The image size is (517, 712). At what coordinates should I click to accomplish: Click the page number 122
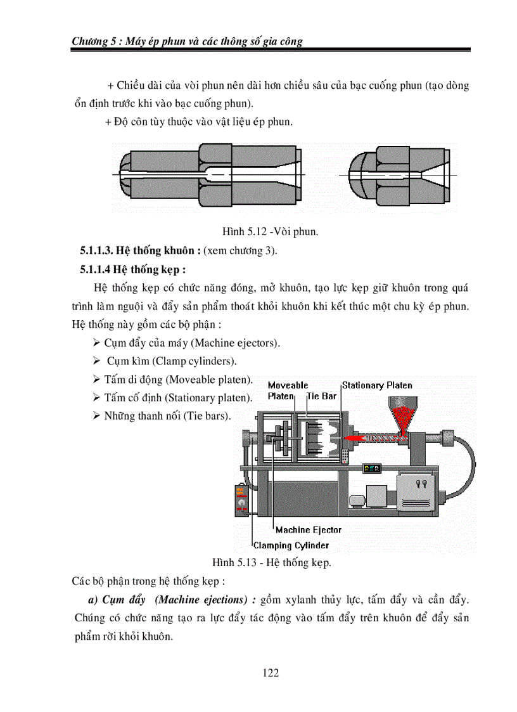point(271,673)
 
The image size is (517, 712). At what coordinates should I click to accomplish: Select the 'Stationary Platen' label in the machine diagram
point(377,385)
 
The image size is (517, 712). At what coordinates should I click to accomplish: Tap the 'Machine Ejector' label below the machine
point(308,529)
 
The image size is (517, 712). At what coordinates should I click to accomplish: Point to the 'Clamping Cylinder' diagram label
point(291,545)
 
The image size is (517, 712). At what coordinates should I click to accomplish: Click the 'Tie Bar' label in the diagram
point(321,396)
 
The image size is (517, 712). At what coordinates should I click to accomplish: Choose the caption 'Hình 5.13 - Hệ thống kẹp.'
point(272,562)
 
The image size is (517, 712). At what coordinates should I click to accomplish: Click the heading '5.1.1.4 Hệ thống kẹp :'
point(132,269)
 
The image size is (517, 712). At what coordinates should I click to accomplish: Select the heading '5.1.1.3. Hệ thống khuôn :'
point(140,250)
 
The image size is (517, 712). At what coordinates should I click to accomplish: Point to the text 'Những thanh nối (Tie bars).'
point(168,417)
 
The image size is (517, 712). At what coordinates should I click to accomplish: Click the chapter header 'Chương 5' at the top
point(94,41)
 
